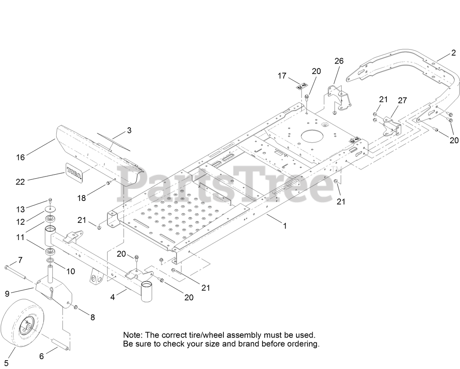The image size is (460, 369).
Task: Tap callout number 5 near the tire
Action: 6,362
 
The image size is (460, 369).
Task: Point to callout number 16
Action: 20,157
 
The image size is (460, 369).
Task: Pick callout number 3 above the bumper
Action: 129,130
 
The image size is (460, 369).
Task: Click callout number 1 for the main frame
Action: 285,226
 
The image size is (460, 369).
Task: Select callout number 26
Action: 339,61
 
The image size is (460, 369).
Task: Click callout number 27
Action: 402,100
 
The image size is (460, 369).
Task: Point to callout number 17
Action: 282,76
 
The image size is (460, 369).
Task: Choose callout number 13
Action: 20,209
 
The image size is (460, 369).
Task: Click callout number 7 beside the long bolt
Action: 20,260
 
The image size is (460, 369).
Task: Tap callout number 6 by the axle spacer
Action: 41,356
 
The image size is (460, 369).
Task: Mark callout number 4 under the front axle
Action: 113,297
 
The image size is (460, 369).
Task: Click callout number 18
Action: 82,198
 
